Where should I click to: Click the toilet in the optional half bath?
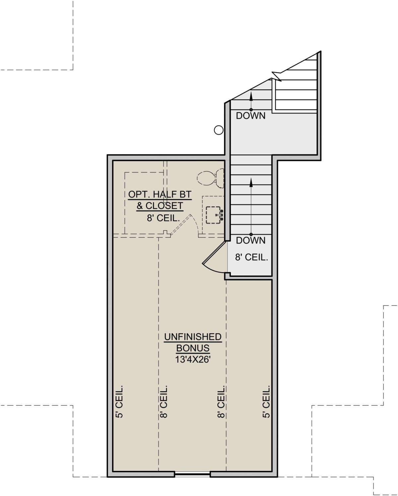pyautogui.click(x=210, y=178)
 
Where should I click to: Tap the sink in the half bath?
pyautogui.click(x=214, y=215)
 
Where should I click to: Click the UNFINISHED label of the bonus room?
pyautogui.click(x=193, y=337)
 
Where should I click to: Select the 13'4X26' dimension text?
pyautogui.click(x=193, y=359)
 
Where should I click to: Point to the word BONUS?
pyautogui.click(x=193, y=348)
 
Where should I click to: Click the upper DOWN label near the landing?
pyautogui.click(x=250, y=116)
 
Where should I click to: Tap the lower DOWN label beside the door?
pyautogui.click(x=250, y=241)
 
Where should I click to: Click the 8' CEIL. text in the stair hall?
pyautogui.click(x=251, y=257)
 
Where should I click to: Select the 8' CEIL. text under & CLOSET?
pyautogui.click(x=164, y=218)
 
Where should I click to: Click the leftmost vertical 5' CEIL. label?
pyautogui.click(x=119, y=401)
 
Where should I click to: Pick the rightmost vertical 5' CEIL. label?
pyautogui.click(x=266, y=401)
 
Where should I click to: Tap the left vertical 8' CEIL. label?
pyautogui.click(x=164, y=401)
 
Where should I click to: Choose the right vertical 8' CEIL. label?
pyautogui.click(x=221, y=401)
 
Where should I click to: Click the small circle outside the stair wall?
pyautogui.click(x=219, y=130)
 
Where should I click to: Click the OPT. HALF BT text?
pyautogui.click(x=160, y=194)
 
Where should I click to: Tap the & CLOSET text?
pyautogui.click(x=160, y=206)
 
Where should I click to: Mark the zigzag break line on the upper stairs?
pyautogui.click(x=277, y=77)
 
